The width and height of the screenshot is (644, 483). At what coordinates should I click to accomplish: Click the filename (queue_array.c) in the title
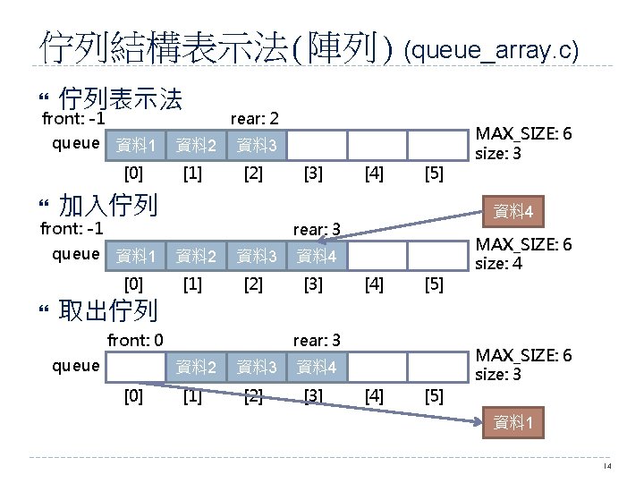point(492,50)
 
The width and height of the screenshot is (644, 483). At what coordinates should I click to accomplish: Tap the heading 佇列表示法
point(120,97)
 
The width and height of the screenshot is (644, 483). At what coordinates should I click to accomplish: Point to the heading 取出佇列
point(107,310)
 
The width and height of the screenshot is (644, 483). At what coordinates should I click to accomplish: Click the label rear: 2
point(255,118)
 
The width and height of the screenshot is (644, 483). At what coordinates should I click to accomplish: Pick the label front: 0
point(135,340)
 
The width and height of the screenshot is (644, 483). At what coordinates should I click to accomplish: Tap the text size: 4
point(499,264)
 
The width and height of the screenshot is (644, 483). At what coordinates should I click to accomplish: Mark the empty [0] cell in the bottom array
point(135,367)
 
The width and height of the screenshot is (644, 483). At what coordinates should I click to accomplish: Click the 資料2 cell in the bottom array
point(196,367)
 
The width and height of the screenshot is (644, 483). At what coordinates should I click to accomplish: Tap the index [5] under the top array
point(434,173)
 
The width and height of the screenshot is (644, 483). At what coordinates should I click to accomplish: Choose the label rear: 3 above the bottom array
point(316,340)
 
